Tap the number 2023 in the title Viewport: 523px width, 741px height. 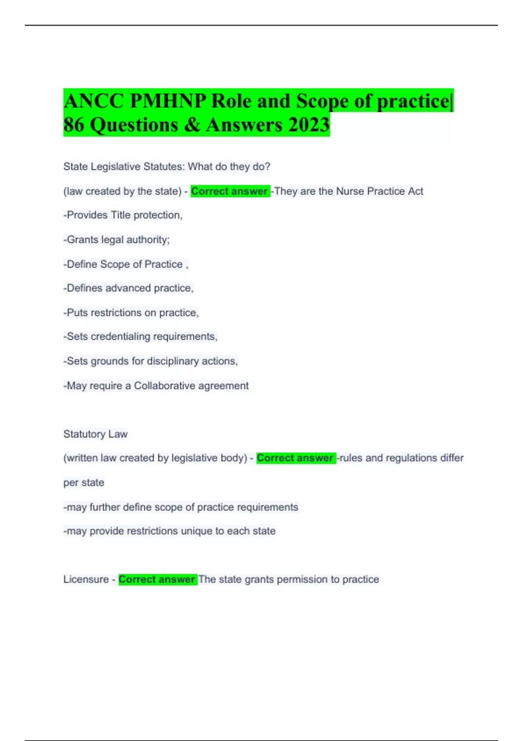tap(309, 125)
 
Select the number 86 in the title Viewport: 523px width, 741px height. tap(74, 125)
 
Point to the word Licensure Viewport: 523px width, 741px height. tap(86, 579)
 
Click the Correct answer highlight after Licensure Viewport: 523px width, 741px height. tap(157, 579)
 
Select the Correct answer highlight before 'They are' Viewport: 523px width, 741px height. tap(230, 191)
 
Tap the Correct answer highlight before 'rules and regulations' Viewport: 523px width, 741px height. tap(295, 458)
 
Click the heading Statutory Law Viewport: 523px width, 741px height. tap(95, 434)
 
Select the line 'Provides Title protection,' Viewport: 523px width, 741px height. tap(123, 215)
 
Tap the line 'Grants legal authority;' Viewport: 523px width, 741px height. tap(117, 240)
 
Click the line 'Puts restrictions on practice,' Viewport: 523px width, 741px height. tap(131, 313)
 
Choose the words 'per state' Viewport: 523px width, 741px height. tap(84, 483)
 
